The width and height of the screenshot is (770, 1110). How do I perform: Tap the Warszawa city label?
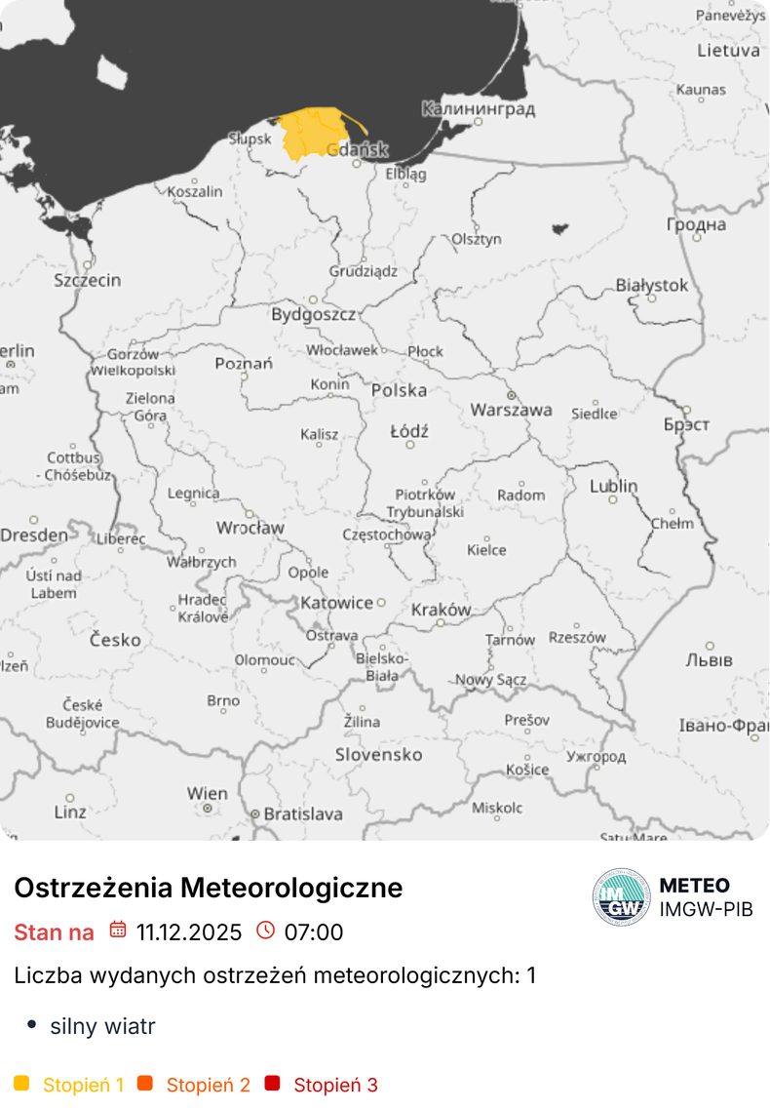(511, 410)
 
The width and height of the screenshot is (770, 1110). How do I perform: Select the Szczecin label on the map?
(88, 280)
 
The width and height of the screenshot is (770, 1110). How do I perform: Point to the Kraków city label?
(441, 610)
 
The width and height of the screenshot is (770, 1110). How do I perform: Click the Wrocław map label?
(250, 528)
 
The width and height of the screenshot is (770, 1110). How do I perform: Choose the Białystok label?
(651, 286)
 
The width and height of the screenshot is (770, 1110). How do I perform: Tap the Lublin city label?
(613, 486)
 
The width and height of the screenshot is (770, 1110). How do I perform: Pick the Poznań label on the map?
(244, 364)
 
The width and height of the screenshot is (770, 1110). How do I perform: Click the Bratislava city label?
(302, 813)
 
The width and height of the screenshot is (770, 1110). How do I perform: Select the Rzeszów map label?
(576, 637)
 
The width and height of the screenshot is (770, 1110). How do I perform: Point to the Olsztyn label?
(477, 239)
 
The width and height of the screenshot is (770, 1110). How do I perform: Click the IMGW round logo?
(621, 896)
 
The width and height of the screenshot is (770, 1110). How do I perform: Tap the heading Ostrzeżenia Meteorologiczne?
(208, 888)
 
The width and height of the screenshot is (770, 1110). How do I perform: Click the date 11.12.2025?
(189, 932)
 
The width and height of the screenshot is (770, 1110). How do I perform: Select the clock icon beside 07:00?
(265, 931)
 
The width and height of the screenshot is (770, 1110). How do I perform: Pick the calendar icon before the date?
(118, 931)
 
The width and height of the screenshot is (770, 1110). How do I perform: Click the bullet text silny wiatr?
(102, 1026)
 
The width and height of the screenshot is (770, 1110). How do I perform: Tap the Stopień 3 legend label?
(335, 1085)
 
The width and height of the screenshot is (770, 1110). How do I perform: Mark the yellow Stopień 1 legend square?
(21, 1084)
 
